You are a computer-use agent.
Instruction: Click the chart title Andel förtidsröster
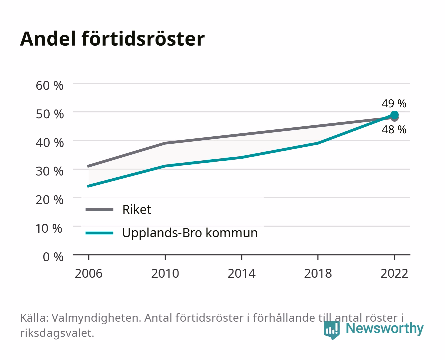[112, 39]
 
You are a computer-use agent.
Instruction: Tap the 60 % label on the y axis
[50, 86]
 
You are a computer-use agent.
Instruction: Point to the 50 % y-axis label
[50, 114]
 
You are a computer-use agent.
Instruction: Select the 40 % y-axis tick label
[50, 143]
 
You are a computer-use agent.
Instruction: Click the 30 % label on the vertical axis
[50, 171]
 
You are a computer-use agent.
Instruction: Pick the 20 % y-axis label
[50, 200]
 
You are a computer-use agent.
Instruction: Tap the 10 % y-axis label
[49, 228]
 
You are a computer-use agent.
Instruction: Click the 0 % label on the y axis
[53, 257]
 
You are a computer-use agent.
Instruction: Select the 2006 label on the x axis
[89, 273]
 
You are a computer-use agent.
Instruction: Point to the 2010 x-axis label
[165, 273]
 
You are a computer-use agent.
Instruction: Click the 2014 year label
[241, 273]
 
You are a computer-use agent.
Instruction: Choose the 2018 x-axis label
[318, 273]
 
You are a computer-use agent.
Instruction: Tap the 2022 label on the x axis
[394, 273]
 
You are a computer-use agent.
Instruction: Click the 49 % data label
[394, 103]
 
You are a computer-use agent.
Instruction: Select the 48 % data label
[394, 130]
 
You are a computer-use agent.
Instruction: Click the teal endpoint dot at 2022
[394, 115]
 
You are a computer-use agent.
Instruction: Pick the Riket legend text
[137, 209]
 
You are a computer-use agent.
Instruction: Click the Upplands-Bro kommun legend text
[190, 233]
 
